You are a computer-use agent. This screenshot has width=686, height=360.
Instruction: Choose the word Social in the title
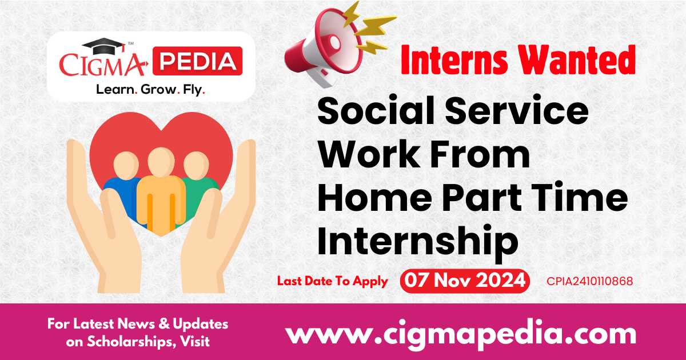click(372, 112)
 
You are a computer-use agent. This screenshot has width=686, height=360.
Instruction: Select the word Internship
click(418, 241)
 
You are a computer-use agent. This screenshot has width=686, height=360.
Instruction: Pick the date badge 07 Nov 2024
click(464, 281)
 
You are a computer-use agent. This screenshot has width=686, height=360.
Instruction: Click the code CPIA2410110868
click(589, 281)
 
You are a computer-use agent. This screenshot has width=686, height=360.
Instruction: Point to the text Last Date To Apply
click(332, 281)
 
